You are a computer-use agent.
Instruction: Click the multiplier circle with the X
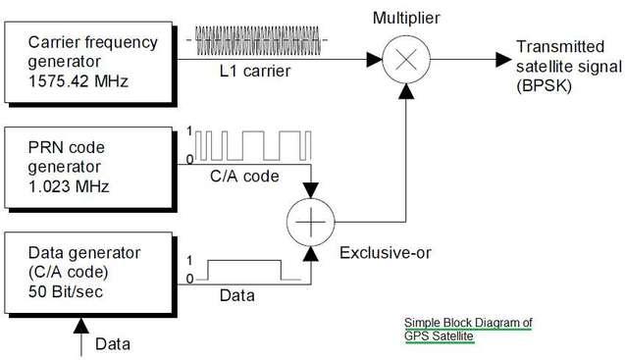point(402,61)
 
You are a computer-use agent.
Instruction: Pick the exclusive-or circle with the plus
point(310,223)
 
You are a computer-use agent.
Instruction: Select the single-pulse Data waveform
point(245,271)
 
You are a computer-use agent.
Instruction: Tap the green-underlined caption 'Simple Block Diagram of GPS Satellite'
point(469,328)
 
